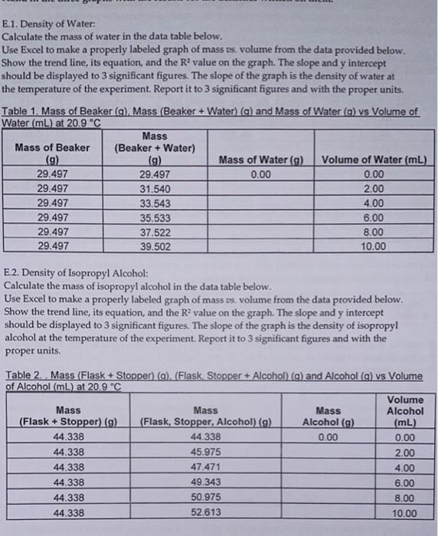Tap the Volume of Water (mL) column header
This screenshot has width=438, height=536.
(374, 160)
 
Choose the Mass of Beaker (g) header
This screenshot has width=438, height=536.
(51, 153)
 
